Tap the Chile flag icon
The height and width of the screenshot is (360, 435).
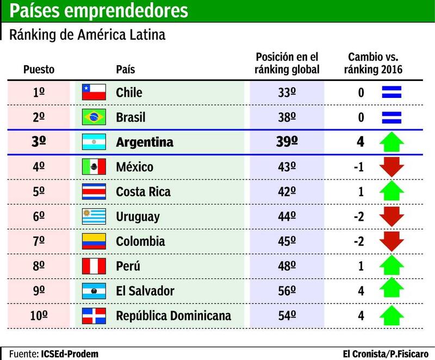click(93, 92)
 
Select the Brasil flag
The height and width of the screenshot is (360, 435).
click(93, 117)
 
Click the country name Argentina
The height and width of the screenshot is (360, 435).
click(145, 142)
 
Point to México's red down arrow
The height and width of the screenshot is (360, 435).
click(391, 167)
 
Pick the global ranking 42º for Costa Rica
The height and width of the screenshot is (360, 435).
click(287, 191)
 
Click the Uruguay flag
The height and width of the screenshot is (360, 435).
click(93, 216)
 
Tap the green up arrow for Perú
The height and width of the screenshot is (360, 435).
click(391, 266)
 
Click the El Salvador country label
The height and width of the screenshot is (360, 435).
click(145, 291)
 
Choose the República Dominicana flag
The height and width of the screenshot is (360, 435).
click(93, 316)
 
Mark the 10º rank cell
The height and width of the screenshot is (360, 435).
click(39, 316)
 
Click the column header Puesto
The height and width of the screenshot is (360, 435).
click(39, 70)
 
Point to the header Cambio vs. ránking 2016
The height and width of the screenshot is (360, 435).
click(374, 63)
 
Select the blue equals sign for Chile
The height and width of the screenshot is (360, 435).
click(391, 92)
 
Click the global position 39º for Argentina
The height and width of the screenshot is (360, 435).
click(287, 142)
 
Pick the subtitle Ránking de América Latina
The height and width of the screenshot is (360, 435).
click(87, 35)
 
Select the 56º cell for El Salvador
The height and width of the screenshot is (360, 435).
click(287, 291)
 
